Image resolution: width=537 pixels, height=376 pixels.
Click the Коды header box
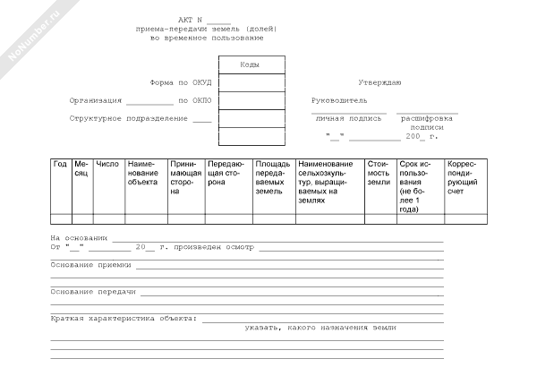pos(251,65)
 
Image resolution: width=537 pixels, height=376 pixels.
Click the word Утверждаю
pos(379,82)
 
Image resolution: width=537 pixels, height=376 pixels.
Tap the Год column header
pos(60,164)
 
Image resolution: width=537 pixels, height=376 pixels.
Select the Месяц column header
pos(81,168)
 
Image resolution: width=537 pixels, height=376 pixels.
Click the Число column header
pos(107,164)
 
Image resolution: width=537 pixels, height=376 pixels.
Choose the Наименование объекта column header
pos(143,173)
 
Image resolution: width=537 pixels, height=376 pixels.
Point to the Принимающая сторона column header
pos(185,177)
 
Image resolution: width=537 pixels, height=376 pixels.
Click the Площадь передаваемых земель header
pos(272,177)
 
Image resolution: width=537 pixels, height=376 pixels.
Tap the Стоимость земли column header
pos(379,173)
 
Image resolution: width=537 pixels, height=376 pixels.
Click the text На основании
pos(79,237)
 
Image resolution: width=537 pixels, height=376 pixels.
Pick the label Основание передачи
pos(93,292)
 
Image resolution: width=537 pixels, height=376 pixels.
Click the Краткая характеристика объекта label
pos(124,319)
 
